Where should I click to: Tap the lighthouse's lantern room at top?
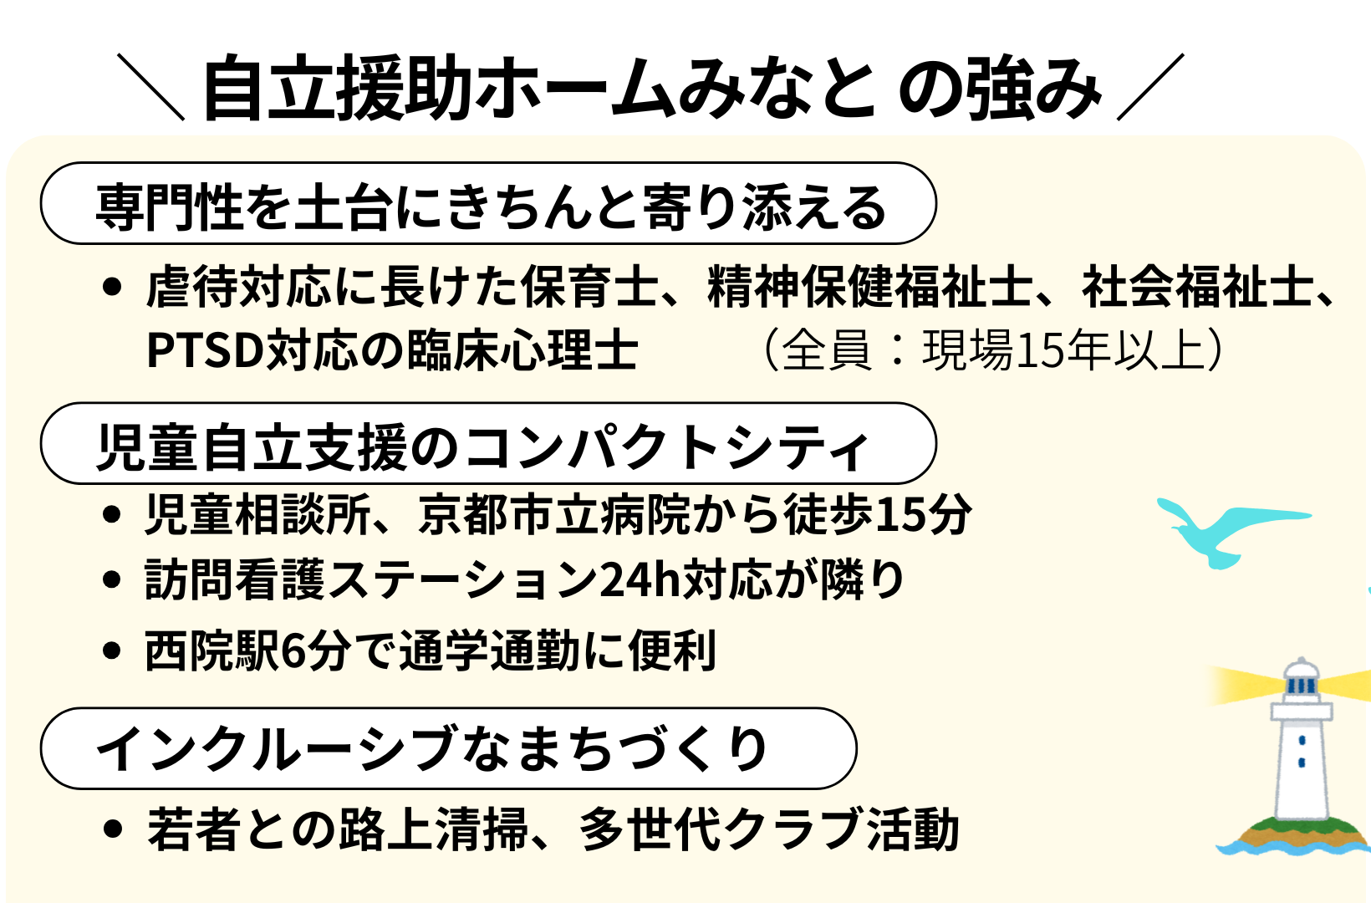click(1302, 680)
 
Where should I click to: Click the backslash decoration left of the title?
click(150, 86)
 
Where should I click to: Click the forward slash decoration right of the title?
click(1150, 86)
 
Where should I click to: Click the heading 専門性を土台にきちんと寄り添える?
click(491, 207)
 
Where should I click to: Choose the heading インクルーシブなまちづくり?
click(432, 748)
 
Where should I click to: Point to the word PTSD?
click(206, 349)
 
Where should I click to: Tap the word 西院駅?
click(212, 650)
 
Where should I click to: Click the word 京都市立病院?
click(554, 514)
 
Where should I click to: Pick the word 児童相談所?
click(257, 514)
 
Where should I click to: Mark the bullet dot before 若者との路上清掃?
click(112, 829)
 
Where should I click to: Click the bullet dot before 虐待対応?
click(112, 287)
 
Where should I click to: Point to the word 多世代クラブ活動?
click(769, 829)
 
